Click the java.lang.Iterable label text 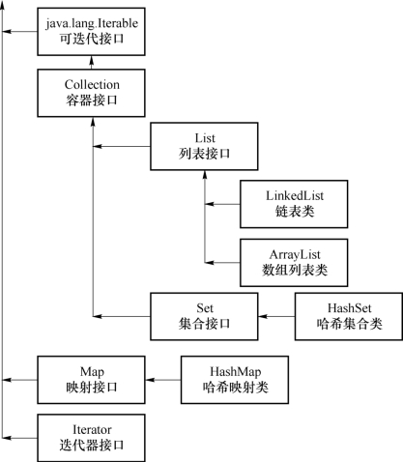coord(92,24)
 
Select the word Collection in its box coord(92,85)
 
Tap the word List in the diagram coord(205,138)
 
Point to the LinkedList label coord(295,195)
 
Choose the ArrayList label coord(295,254)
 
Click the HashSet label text coord(350,308)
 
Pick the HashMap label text coord(236,371)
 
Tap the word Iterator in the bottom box coord(92,430)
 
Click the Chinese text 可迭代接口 coord(92,39)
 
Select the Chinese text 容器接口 coord(92,100)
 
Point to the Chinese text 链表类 coord(295,212)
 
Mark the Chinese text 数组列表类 coord(295,270)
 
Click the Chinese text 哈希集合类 coord(350,324)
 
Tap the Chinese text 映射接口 coord(92,387)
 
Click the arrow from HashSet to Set coord(276,316)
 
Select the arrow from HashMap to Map coord(163,380)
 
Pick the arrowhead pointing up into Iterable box coord(92,60)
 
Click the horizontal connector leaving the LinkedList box coord(222,204)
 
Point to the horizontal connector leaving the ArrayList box coord(222,263)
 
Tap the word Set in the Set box coord(205,308)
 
